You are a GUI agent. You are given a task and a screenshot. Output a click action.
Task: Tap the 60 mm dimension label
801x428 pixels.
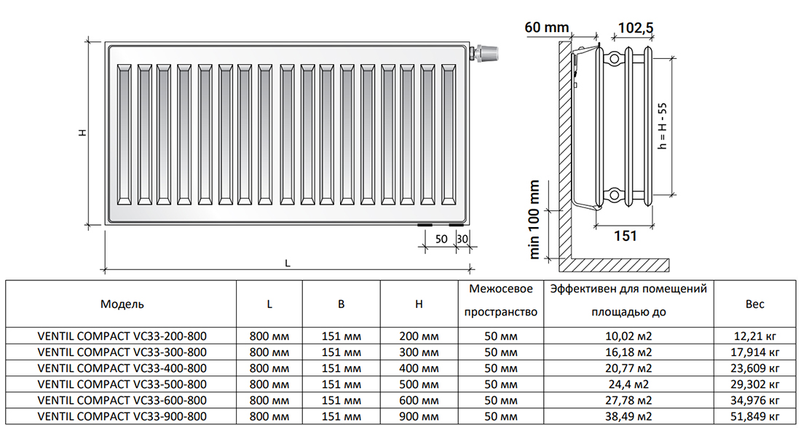click(x=545, y=28)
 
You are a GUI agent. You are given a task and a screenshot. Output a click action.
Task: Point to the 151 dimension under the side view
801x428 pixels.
click(x=625, y=235)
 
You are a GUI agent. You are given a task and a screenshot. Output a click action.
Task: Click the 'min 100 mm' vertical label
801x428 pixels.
click(x=535, y=219)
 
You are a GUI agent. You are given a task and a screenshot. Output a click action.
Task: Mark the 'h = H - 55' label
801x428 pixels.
click(x=662, y=126)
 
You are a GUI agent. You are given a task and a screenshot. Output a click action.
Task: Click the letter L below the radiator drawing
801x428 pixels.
click(x=288, y=264)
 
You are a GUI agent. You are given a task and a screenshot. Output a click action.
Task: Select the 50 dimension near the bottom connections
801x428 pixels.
click(x=441, y=239)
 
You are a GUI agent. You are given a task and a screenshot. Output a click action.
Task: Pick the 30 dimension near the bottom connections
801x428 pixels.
click(x=462, y=239)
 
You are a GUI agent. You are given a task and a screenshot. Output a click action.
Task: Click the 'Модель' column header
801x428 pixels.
click(x=122, y=304)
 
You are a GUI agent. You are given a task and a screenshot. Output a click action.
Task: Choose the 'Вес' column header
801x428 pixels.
click(x=755, y=304)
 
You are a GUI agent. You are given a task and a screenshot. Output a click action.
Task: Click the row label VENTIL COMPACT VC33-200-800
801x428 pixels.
click(x=122, y=336)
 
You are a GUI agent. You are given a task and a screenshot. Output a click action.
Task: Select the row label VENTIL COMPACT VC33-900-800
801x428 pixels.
click(x=122, y=416)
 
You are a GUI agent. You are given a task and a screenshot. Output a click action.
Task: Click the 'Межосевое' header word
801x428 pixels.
click(x=501, y=289)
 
